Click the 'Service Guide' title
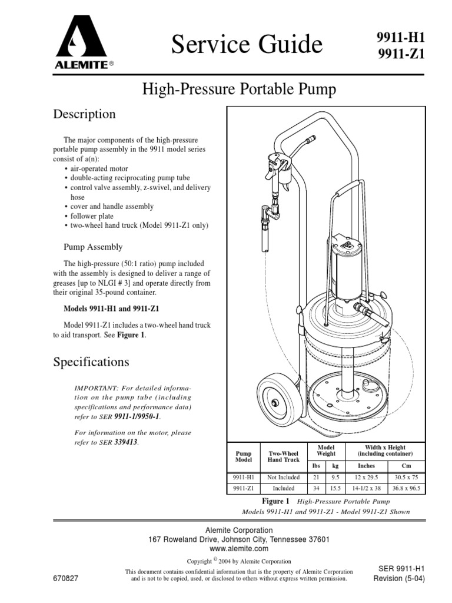[x=247, y=45]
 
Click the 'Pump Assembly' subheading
[x=93, y=247]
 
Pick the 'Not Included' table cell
[x=284, y=478]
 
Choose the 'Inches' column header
[x=366, y=466]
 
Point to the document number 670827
[x=66, y=579]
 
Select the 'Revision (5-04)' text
[x=399, y=579]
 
